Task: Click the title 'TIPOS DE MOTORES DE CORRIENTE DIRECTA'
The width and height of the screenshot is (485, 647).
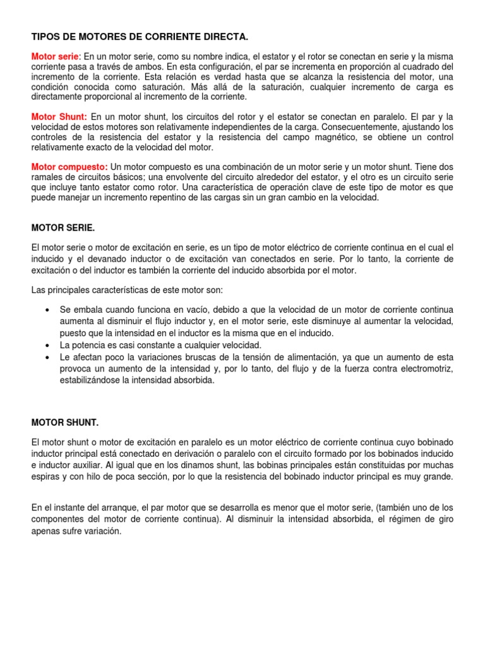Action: click(x=135, y=38)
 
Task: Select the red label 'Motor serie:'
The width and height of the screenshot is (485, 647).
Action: click(x=56, y=57)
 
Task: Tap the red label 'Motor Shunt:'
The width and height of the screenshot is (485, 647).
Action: click(x=59, y=117)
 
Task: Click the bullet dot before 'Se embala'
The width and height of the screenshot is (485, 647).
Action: click(x=48, y=310)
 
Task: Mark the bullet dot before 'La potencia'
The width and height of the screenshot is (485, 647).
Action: click(x=48, y=345)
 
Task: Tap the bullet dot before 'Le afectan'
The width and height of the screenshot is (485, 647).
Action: click(x=48, y=358)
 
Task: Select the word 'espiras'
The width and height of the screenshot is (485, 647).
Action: click(x=45, y=476)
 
